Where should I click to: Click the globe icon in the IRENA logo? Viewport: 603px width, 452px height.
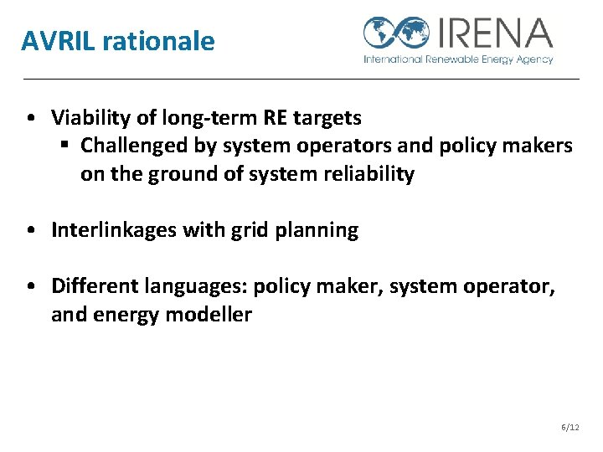[397, 33]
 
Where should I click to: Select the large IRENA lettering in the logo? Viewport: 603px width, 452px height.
[494, 33]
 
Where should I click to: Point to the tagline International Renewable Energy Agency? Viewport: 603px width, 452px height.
[457, 59]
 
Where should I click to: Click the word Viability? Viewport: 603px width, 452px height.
[89, 116]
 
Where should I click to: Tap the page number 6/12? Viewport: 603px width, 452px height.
[569, 427]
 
